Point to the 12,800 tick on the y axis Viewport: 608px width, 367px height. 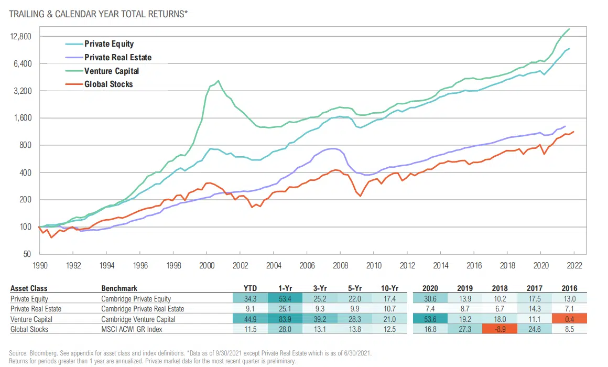pyautogui.click(x=21, y=37)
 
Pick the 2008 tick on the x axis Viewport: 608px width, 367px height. pyautogui.click(x=340, y=265)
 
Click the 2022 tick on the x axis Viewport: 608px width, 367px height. pyautogui.click(x=574, y=265)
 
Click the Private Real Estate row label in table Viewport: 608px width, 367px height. pyautogui.click(x=34, y=309)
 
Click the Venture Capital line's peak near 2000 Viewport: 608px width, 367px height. pyautogui.click(x=218, y=81)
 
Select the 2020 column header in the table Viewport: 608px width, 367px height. pyautogui.click(x=430, y=288)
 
